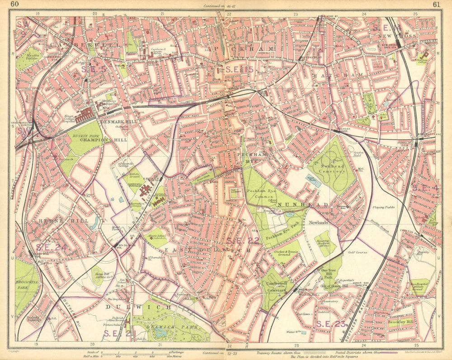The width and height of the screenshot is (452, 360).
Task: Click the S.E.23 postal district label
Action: tap(331, 323)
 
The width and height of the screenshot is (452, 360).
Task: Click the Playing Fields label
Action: tap(384, 207)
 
